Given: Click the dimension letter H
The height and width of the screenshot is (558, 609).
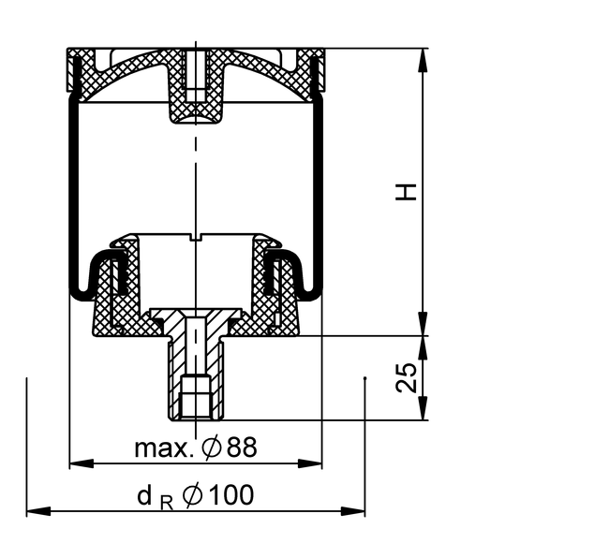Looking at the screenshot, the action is click(406, 192).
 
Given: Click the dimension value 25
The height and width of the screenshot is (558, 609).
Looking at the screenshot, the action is click(407, 378).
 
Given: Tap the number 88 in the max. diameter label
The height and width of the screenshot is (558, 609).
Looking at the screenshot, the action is click(242, 447).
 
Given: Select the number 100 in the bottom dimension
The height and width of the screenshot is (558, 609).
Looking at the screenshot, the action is click(230, 495).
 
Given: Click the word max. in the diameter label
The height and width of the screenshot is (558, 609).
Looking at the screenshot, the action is click(164, 448).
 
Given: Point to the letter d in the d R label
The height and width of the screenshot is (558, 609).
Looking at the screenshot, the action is click(144, 495).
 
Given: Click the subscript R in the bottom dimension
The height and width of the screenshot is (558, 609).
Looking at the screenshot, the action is click(166, 504).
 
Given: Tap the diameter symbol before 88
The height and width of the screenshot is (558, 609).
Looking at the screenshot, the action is click(212, 448).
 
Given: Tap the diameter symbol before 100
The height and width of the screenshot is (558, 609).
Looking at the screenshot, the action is click(193, 495).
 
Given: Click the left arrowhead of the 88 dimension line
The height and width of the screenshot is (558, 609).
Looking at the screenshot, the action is click(82, 463).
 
